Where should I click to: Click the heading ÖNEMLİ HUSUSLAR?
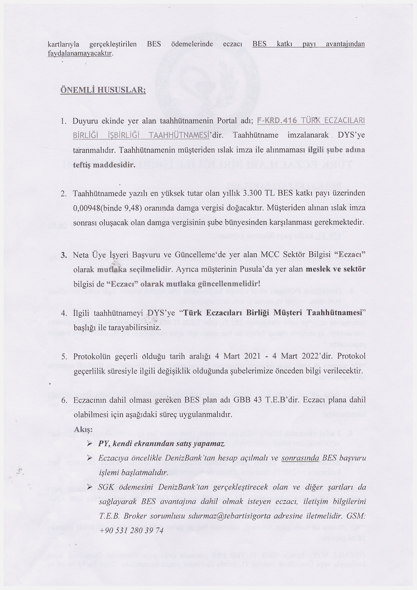[103, 91]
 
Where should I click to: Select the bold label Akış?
[83, 430]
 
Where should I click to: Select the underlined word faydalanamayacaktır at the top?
[79, 53]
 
